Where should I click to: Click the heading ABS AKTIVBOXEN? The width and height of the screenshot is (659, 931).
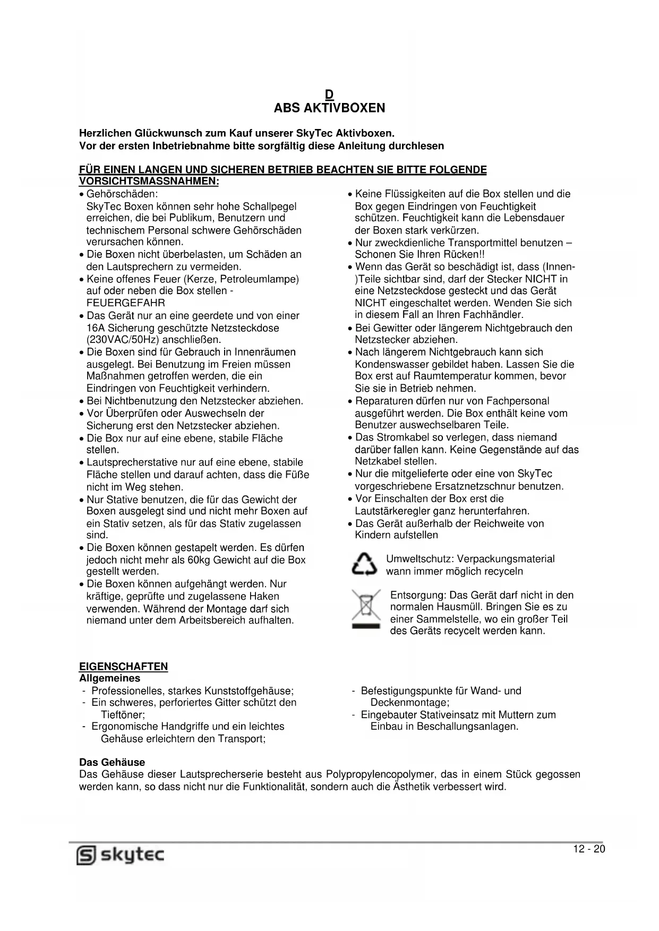[x=329, y=108]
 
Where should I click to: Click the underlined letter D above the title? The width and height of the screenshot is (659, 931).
[x=329, y=95]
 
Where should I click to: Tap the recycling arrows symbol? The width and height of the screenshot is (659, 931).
[x=364, y=565]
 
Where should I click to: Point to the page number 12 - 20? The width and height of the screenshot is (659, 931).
[x=589, y=849]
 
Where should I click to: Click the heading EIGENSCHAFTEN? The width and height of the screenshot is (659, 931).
[x=123, y=667]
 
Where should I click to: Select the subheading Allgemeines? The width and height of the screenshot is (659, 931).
[x=110, y=678]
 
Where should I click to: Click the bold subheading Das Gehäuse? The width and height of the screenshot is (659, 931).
[x=112, y=762]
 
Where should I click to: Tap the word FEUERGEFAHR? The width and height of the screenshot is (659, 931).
[x=126, y=303]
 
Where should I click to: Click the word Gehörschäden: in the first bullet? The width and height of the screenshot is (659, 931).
[x=122, y=194]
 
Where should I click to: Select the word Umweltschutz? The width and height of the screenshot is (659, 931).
[x=420, y=559]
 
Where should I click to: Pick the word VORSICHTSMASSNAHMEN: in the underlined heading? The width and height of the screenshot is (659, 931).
[x=149, y=182]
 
